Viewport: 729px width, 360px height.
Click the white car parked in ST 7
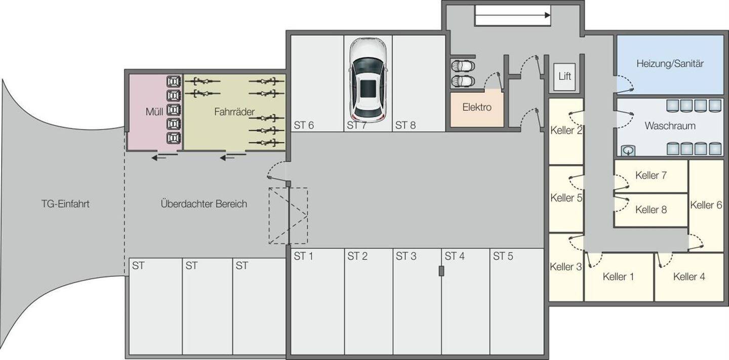(x=369, y=81)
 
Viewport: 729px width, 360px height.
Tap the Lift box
(x=564, y=76)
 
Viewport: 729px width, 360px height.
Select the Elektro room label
(x=476, y=107)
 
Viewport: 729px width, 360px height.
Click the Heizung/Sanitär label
(x=670, y=64)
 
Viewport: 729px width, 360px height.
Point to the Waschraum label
(x=670, y=126)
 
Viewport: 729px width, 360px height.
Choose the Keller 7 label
(x=651, y=175)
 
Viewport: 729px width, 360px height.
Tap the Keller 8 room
(x=651, y=210)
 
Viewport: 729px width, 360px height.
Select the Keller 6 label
(x=706, y=205)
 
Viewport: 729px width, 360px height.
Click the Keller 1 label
(x=618, y=277)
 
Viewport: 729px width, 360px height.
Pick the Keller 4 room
(x=688, y=277)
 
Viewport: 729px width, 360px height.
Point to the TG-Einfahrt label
(x=65, y=204)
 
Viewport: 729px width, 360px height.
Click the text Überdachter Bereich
(x=204, y=204)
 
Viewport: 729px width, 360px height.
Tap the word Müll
(x=154, y=112)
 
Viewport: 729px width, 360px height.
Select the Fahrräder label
(x=234, y=112)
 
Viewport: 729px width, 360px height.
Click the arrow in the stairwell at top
(x=513, y=16)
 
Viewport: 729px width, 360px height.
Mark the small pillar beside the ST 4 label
(x=441, y=271)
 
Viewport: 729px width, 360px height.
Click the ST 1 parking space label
(x=303, y=257)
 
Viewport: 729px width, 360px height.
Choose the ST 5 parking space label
(x=503, y=257)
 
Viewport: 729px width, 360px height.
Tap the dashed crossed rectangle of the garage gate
(x=288, y=216)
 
